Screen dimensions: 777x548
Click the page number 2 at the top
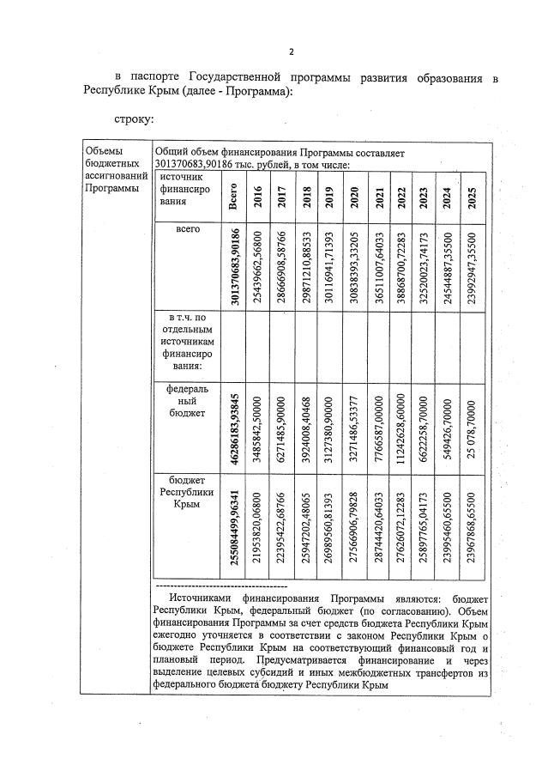coord(291,52)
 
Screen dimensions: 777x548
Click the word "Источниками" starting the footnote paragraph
coord(199,596)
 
